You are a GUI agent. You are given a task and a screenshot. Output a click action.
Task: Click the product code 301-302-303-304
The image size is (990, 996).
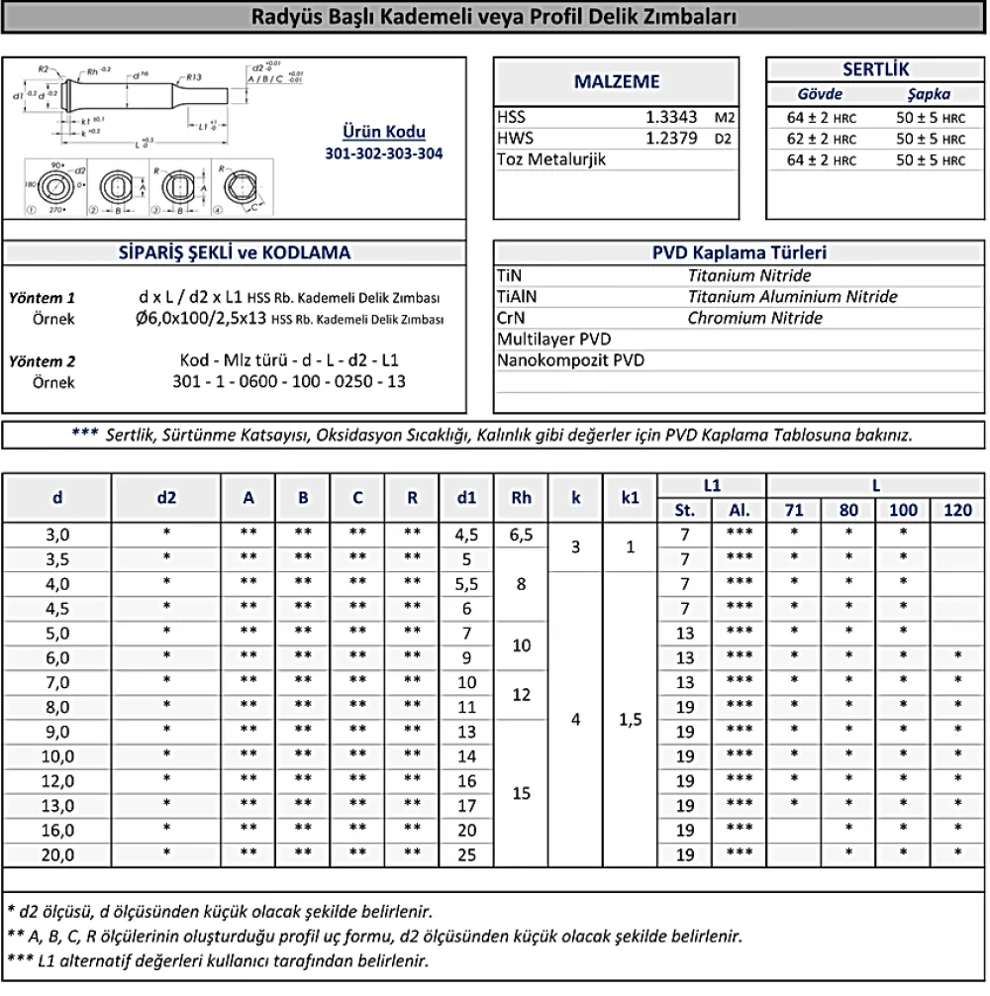pyautogui.click(x=384, y=153)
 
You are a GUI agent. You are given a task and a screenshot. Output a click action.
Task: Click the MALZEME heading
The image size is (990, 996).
pyautogui.click(x=617, y=82)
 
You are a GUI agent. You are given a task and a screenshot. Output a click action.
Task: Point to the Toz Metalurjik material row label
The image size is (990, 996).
pyautogui.click(x=551, y=159)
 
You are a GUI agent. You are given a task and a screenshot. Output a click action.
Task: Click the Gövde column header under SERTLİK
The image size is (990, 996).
pyautogui.click(x=820, y=95)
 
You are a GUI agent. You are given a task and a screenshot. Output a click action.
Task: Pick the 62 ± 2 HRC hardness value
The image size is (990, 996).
pyautogui.click(x=821, y=139)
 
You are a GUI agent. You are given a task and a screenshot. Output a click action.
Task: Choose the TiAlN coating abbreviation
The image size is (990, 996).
pyautogui.click(x=519, y=297)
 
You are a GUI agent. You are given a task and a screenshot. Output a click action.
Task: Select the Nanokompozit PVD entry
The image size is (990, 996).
pyautogui.click(x=570, y=360)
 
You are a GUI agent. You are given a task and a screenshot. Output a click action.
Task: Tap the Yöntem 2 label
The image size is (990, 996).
pyautogui.click(x=42, y=360)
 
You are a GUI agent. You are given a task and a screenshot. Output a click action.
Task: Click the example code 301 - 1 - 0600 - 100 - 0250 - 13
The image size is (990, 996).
pyautogui.click(x=289, y=381)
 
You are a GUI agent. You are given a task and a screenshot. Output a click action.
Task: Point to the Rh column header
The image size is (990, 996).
pyautogui.click(x=521, y=498)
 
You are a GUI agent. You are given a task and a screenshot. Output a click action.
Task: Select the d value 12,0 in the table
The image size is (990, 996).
pyautogui.click(x=57, y=781)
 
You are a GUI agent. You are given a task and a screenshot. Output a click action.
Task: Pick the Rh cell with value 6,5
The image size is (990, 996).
pyautogui.click(x=521, y=535)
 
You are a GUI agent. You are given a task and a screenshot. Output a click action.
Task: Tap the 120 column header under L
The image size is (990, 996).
pyautogui.click(x=957, y=511)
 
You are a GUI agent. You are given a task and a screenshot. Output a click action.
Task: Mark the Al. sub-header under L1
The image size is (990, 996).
pyautogui.click(x=739, y=511)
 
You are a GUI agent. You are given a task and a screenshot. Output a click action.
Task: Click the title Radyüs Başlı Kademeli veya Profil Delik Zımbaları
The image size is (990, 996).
pyautogui.click(x=494, y=17)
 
